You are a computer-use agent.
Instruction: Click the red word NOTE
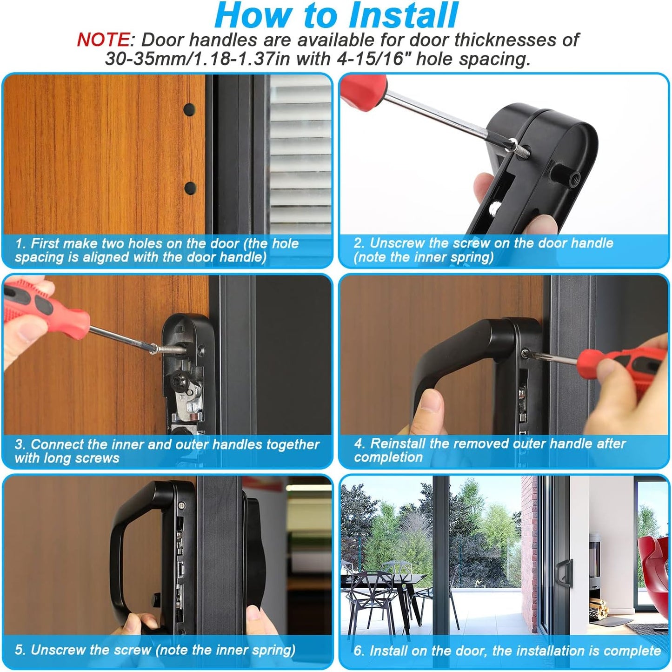[x=104, y=40]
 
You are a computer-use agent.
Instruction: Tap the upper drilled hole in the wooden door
[x=189, y=110]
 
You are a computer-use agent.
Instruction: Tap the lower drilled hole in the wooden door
[x=190, y=188]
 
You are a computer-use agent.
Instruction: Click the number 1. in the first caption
[x=21, y=243]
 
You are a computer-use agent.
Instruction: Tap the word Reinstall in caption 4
[x=398, y=444]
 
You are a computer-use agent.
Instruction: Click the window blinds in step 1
[x=300, y=154]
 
